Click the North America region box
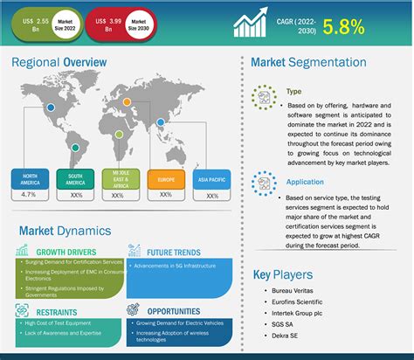coord(30,181)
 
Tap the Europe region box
coord(163,181)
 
